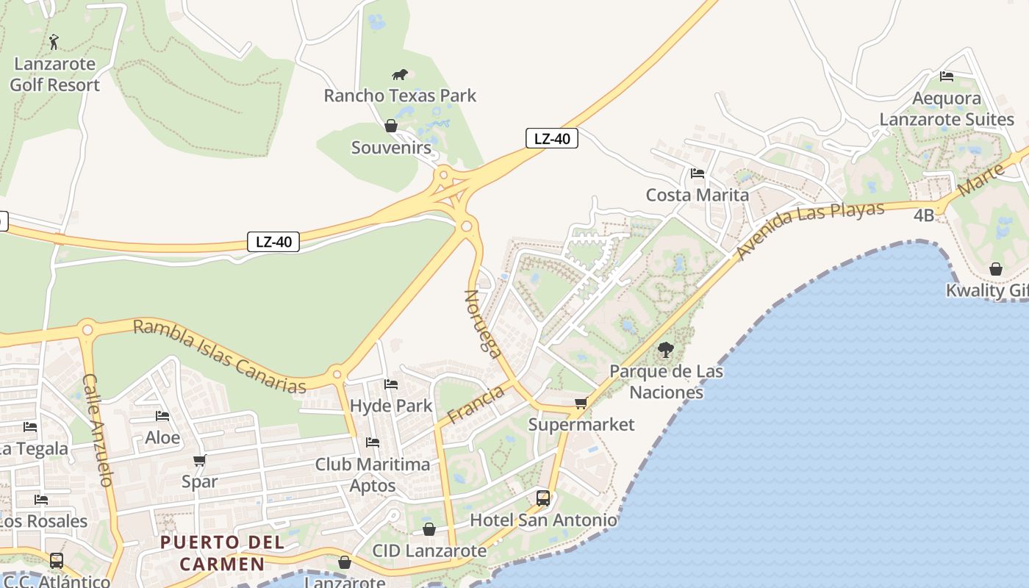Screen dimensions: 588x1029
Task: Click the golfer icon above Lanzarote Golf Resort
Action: (x=54, y=41)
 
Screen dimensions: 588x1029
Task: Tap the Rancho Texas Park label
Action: (x=400, y=96)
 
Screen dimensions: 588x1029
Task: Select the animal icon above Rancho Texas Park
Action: (x=400, y=74)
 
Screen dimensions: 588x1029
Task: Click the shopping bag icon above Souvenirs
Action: (x=391, y=126)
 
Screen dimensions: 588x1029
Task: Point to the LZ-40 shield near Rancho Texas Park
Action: (x=551, y=138)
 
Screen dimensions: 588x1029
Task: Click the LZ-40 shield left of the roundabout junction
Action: (x=273, y=241)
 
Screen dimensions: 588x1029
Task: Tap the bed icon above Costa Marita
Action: (x=698, y=173)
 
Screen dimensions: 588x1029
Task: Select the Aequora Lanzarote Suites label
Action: (x=947, y=109)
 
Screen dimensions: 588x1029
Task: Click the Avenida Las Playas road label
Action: (x=809, y=229)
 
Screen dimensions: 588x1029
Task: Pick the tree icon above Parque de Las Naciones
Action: (x=666, y=350)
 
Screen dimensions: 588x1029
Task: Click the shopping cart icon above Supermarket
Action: (x=581, y=403)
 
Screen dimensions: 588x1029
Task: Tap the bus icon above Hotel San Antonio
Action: (x=543, y=498)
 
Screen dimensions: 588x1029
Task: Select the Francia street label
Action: (x=476, y=404)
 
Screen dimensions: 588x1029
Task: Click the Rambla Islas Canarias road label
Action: (x=219, y=356)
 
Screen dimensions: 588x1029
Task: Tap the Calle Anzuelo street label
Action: (x=98, y=430)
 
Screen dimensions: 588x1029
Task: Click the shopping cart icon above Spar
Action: (x=199, y=461)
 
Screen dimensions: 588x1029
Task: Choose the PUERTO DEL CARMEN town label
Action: (x=223, y=553)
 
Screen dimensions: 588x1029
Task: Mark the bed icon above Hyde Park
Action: (x=391, y=384)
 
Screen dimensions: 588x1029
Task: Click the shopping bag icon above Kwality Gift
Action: (x=996, y=269)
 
